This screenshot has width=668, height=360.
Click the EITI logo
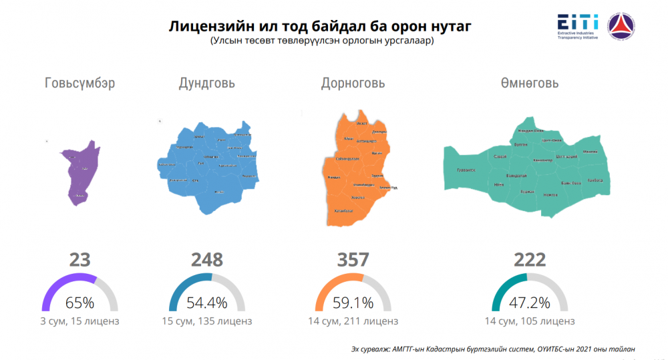(x=578, y=26)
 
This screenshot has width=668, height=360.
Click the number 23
(x=79, y=259)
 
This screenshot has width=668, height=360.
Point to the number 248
(x=206, y=259)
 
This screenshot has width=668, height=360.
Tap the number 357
(x=353, y=259)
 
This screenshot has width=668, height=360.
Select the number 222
(x=530, y=259)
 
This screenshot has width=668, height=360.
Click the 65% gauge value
(x=80, y=302)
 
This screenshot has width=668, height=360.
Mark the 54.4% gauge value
(x=206, y=302)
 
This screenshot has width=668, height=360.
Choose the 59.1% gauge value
(x=353, y=302)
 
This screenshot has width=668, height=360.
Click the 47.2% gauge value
(x=530, y=302)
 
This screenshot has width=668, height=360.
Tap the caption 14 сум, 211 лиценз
(x=353, y=321)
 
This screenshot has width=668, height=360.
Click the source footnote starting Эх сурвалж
(x=493, y=348)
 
